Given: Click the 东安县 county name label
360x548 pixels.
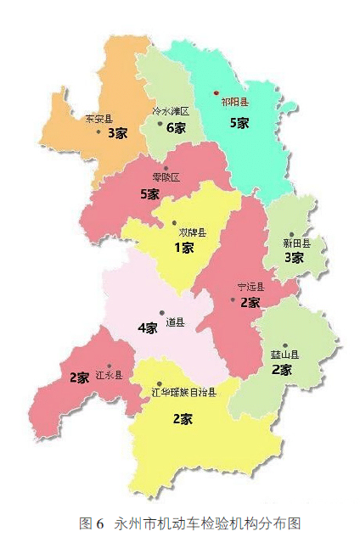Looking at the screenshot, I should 98,120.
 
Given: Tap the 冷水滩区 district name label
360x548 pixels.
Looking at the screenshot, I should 170,111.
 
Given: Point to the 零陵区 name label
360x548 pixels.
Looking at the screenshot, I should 166,177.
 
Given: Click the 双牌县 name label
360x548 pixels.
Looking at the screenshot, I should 192,232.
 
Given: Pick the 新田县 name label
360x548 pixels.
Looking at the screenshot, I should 296,243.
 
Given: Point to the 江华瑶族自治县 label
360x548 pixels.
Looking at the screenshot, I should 183,392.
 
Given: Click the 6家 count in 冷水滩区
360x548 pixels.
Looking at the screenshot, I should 176,128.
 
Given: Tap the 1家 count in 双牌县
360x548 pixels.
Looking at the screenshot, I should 184,248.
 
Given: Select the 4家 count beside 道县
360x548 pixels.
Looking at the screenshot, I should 147,327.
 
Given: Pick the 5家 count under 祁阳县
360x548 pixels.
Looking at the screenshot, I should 239,123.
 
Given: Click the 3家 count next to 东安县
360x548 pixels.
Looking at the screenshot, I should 117,133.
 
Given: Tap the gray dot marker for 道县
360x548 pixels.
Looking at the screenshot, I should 161,313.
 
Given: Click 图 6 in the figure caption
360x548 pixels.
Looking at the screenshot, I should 90,523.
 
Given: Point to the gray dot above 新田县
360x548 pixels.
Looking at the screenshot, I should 291,233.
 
